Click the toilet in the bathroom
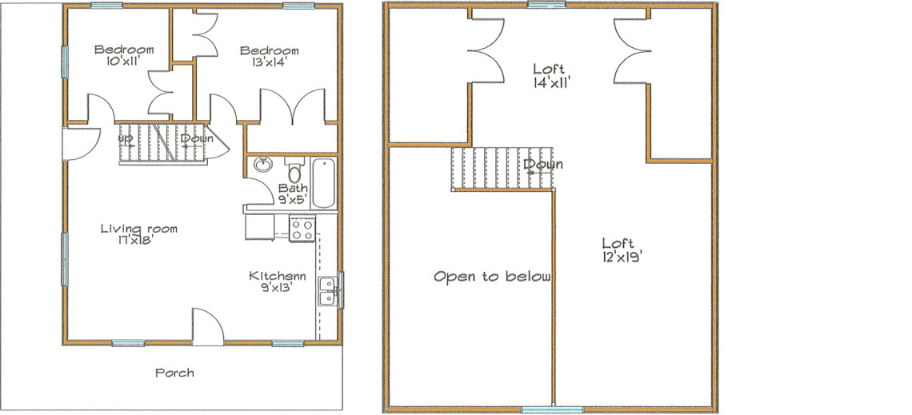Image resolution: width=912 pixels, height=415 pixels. (294, 172)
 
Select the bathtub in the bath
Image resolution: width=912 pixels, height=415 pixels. (325, 184)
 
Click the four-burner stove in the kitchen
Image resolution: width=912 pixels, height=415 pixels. (302, 229)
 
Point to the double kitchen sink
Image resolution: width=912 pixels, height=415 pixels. (327, 291)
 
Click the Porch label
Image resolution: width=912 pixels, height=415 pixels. (174, 373)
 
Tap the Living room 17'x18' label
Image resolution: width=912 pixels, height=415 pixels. (138, 233)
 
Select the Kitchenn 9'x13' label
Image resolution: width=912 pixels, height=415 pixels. (277, 281)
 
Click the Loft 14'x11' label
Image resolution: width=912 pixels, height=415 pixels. (551, 74)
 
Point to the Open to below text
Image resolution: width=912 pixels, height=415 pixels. (492, 277)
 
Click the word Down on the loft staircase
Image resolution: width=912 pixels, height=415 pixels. (544, 165)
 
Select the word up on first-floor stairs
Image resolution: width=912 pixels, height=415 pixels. (126, 138)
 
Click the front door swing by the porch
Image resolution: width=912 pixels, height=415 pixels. (206, 328)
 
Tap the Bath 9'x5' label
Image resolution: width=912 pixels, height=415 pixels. (291, 194)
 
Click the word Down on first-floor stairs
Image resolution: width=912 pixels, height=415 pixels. (195, 138)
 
